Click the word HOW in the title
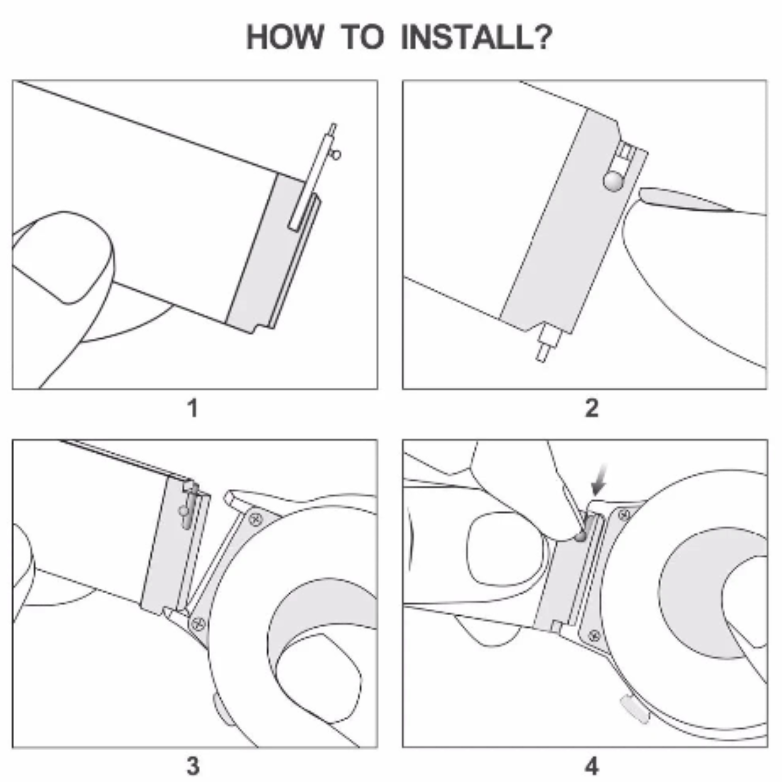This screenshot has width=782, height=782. (285, 38)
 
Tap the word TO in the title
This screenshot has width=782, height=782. (362, 38)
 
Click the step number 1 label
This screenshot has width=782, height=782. (193, 408)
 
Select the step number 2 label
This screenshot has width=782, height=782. (592, 408)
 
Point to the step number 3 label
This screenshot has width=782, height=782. (193, 766)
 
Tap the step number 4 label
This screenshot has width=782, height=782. (592, 766)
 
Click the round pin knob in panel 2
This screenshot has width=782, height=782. (613, 181)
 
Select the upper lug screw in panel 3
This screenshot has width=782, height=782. (255, 518)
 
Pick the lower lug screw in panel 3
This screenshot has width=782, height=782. (198, 622)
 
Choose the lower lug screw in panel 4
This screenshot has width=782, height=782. (594, 636)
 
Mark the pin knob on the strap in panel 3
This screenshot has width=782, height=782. (182, 511)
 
